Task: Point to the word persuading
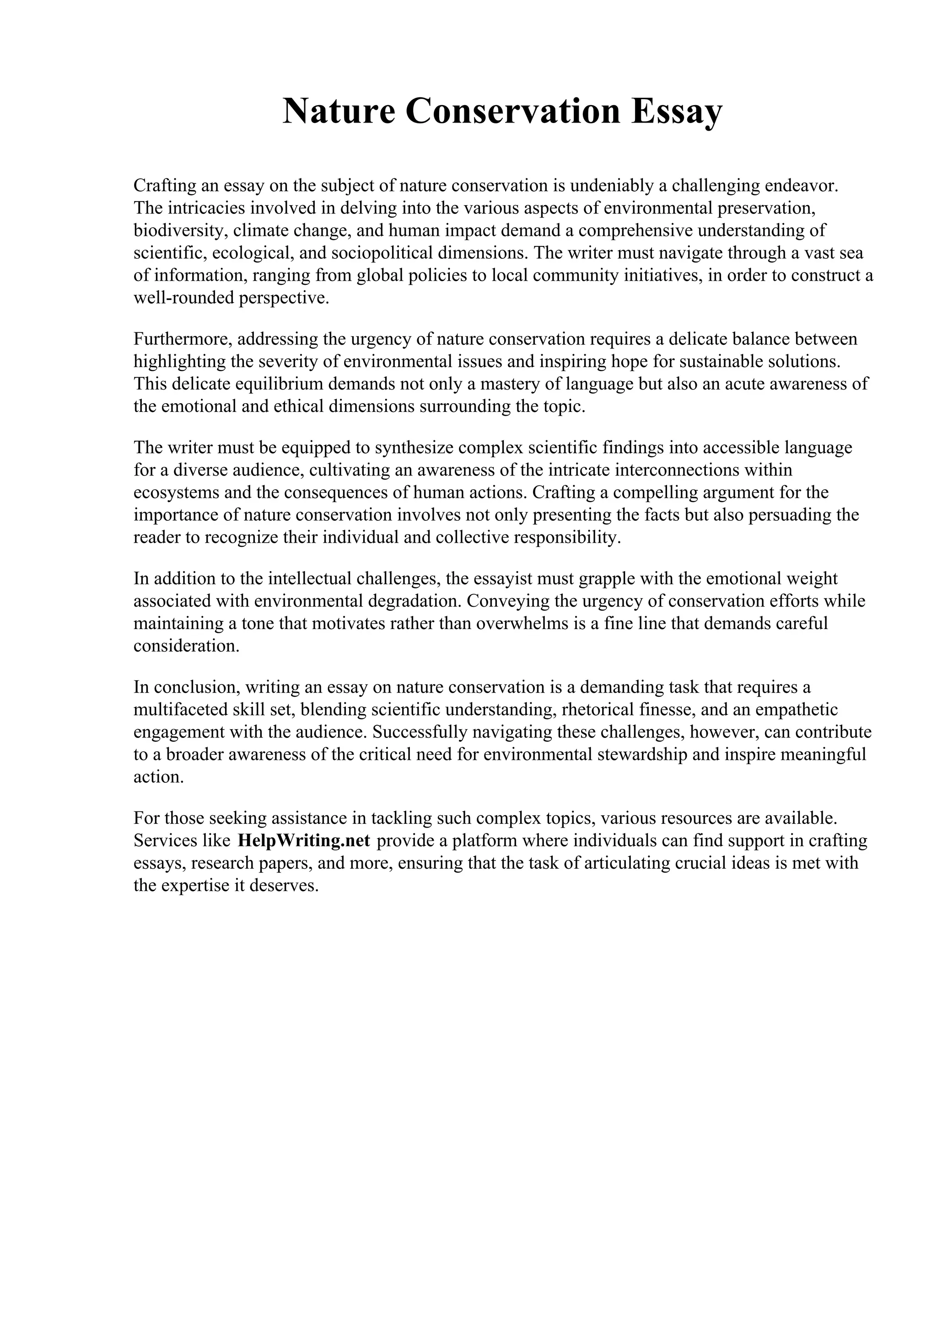tap(789, 515)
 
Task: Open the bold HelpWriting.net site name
tap(304, 840)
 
